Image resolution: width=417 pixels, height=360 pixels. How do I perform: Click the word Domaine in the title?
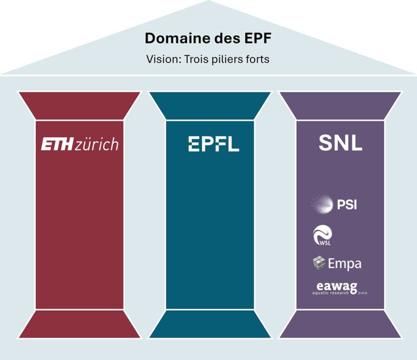click(x=178, y=38)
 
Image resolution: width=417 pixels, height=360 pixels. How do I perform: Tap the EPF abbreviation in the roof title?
click(x=258, y=38)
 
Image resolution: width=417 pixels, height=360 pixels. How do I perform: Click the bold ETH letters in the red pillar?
click(x=57, y=144)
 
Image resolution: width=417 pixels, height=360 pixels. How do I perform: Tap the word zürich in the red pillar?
click(x=97, y=144)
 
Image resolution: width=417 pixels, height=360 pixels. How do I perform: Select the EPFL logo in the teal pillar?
click(x=214, y=144)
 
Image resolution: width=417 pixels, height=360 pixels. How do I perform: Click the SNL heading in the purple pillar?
click(x=340, y=143)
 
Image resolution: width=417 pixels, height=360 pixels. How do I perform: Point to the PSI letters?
click(x=347, y=205)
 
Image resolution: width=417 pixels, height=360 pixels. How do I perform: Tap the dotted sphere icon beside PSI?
click(x=322, y=204)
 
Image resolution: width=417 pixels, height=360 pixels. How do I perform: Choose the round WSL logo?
click(x=323, y=235)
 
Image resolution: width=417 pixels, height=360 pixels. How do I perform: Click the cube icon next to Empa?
click(x=319, y=263)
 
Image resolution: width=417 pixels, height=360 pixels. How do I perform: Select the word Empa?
click(x=345, y=264)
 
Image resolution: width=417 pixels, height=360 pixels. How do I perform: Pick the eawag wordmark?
click(x=337, y=287)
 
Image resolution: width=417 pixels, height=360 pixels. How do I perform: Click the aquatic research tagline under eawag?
click(x=330, y=293)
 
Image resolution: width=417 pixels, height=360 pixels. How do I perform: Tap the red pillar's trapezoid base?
click(x=79, y=324)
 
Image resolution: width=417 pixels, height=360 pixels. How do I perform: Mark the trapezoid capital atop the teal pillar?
click(x=210, y=106)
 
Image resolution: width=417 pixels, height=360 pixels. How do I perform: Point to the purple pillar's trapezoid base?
click(x=340, y=324)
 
